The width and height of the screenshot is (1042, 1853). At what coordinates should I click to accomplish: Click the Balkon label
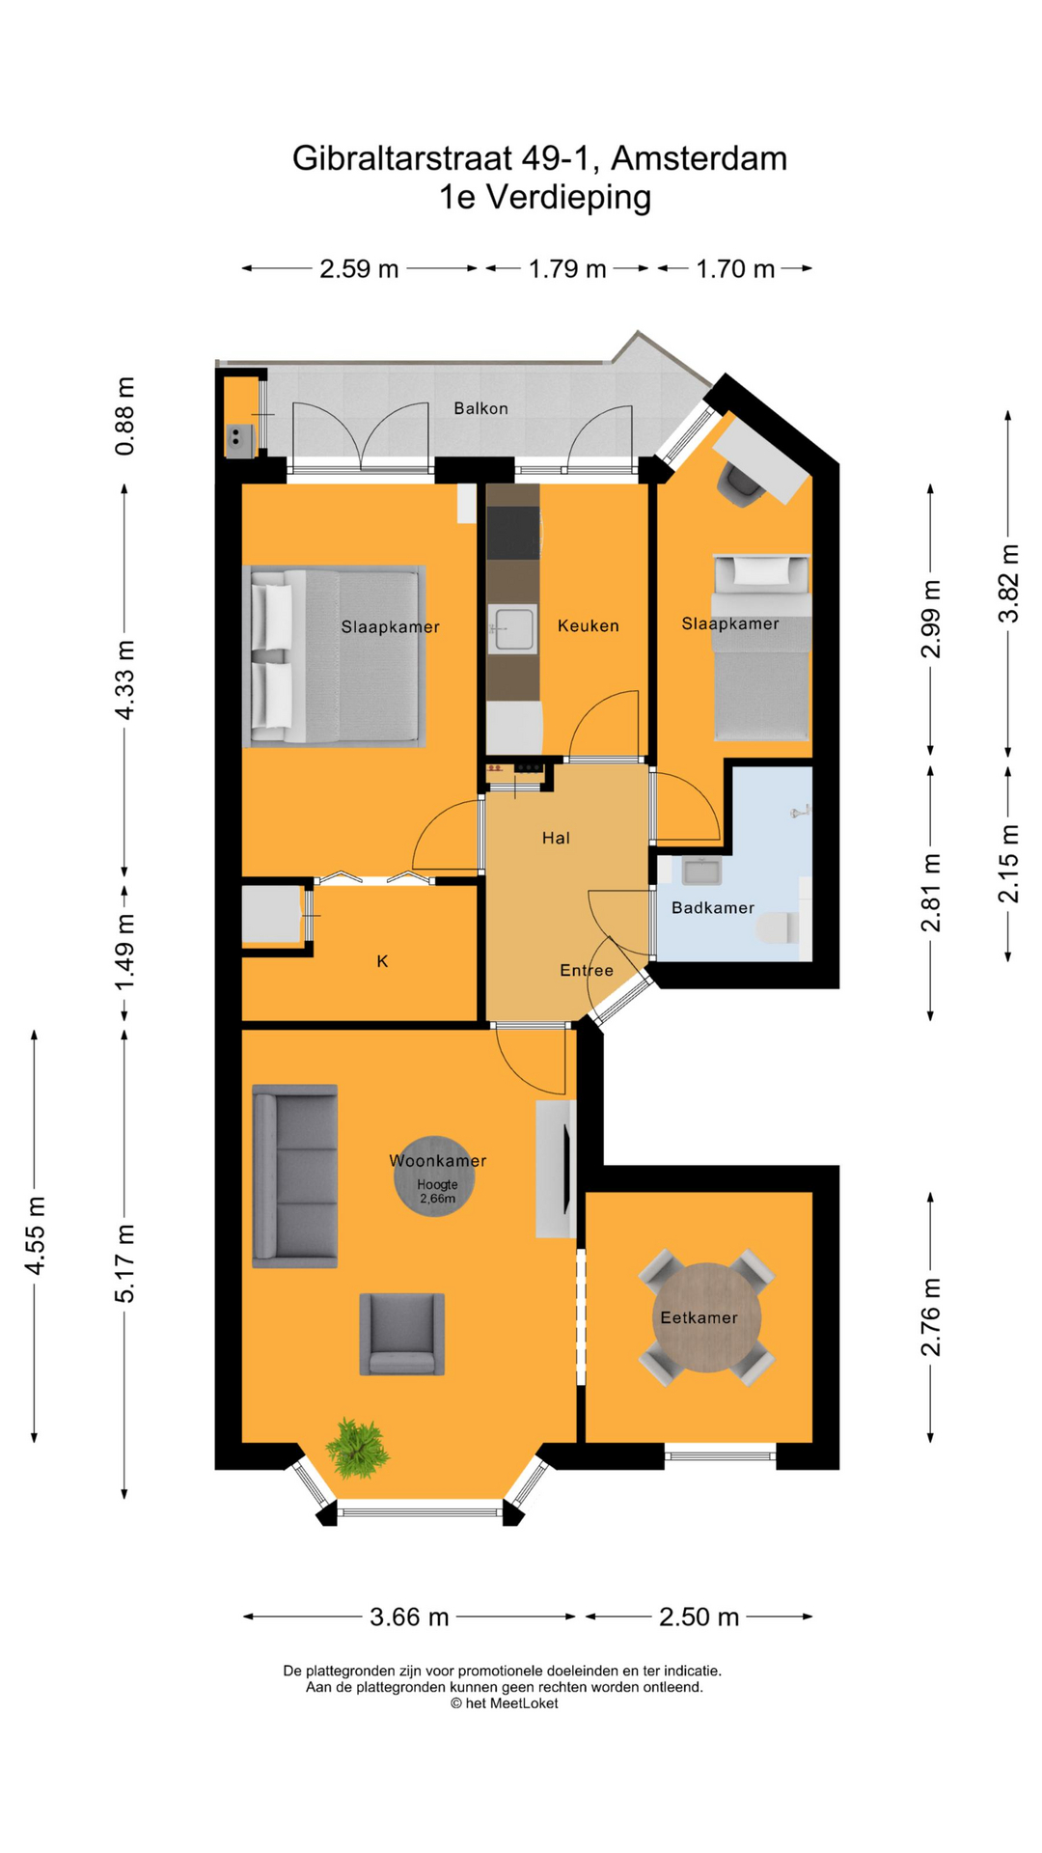pyautogui.click(x=480, y=408)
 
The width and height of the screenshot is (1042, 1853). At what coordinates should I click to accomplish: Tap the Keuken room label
pyautogui.click(x=588, y=625)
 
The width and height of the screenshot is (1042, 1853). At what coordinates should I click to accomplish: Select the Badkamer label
pyautogui.click(x=712, y=907)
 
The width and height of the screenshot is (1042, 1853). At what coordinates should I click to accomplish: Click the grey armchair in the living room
pyautogui.click(x=401, y=1334)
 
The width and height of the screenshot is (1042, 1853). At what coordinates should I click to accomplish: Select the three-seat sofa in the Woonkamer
pyautogui.click(x=295, y=1175)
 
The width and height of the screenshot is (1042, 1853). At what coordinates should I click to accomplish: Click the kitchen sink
pyautogui.click(x=512, y=629)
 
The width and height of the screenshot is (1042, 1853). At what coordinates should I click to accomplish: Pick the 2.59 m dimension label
pyautogui.click(x=359, y=268)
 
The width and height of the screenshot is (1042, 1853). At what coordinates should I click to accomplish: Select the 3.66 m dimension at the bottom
pyautogui.click(x=409, y=1617)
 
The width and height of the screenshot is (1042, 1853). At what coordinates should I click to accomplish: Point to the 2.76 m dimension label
pyautogui.click(x=930, y=1316)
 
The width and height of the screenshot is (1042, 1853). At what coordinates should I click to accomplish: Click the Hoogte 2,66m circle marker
pyautogui.click(x=436, y=1175)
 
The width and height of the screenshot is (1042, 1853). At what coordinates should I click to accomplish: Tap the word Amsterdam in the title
pyautogui.click(x=699, y=157)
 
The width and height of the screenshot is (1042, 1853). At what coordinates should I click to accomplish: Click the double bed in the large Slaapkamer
pyautogui.click(x=333, y=656)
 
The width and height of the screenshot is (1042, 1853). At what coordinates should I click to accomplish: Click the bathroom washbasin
pyautogui.click(x=701, y=871)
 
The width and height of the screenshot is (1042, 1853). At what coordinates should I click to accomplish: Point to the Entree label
pyautogui.click(x=586, y=970)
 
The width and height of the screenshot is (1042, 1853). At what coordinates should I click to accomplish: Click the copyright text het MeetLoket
pyautogui.click(x=504, y=1703)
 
